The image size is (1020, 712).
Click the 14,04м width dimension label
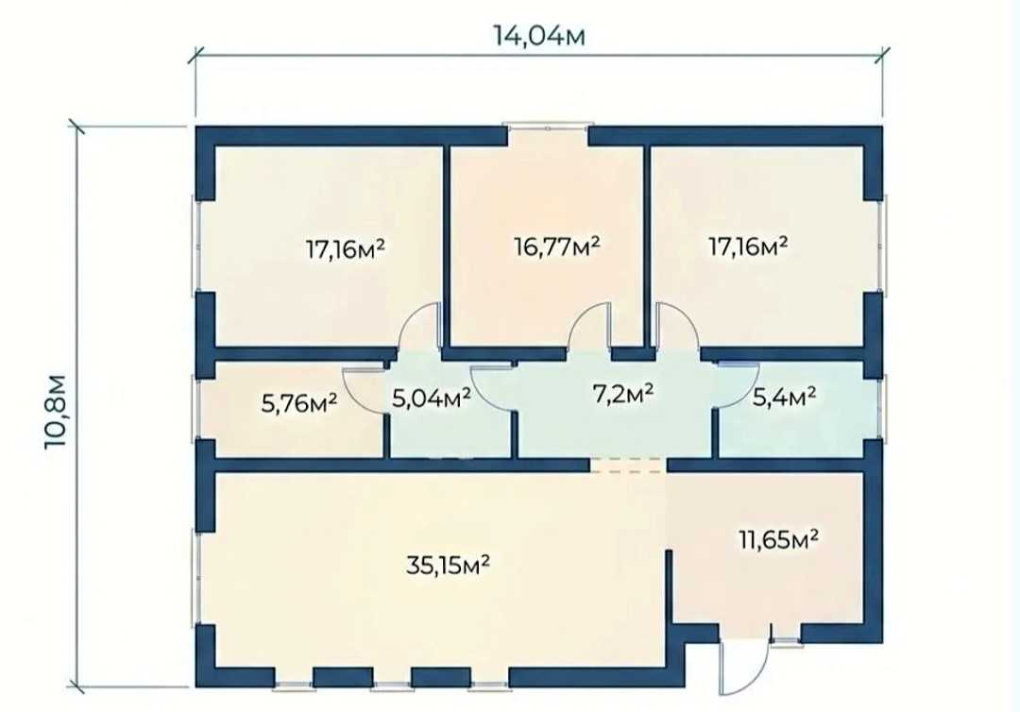[539, 36]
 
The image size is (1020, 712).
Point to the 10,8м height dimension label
[56, 411]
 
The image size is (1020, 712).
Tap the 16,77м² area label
[556, 247]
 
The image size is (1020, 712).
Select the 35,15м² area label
[448, 566]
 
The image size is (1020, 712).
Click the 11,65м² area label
[778, 539]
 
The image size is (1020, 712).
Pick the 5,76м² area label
[299, 403]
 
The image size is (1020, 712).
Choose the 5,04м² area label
[432, 398]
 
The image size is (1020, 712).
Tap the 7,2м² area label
[623, 394]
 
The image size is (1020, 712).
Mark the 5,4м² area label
[784, 396]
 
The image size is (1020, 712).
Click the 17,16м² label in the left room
[346, 248]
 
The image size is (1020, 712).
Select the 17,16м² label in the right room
[748, 246]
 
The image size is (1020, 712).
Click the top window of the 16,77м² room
[548, 128]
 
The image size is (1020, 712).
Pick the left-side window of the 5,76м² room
[195, 406]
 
